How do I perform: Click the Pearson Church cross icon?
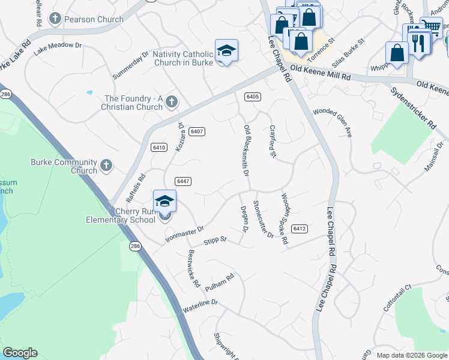pyautogui.click(x=55, y=19)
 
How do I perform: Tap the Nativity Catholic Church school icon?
pyautogui.click(x=226, y=51)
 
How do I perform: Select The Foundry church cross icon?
pyautogui.click(x=171, y=102)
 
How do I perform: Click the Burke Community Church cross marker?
pyautogui.click(x=106, y=166)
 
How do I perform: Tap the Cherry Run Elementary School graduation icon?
pyautogui.click(x=164, y=202)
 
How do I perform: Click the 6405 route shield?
pyautogui.click(x=252, y=96)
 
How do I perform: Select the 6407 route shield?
pyautogui.click(x=196, y=131)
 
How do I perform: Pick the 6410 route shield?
pyautogui.click(x=159, y=147)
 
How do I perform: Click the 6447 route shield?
pyautogui.click(x=183, y=181)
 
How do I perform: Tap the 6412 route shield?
pyautogui.click(x=300, y=229)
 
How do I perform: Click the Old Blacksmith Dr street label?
pyautogui.click(x=246, y=150)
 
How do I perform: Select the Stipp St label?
pyautogui.click(x=214, y=240)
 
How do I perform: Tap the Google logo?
pyautogui.click(x=20, y=353)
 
